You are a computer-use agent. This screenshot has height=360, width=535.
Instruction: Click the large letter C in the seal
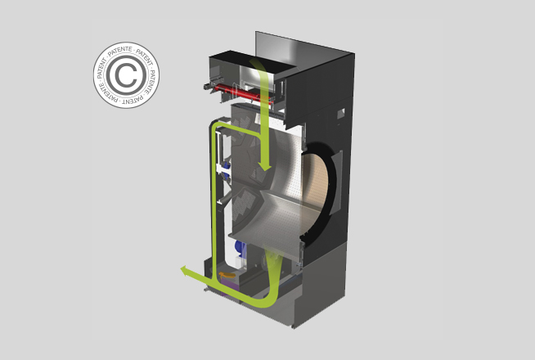[x=124, y=75]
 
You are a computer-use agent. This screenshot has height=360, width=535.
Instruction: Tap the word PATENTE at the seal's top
[x=119, y=49]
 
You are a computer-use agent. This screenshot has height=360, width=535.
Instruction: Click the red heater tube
[x=242, y=92]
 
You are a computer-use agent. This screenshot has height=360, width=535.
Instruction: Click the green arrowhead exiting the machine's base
[x=186, y=272]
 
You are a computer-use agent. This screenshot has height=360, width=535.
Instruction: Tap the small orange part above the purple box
[x=227, y=275]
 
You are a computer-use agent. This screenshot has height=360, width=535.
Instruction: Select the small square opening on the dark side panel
[x=341, y=113]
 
